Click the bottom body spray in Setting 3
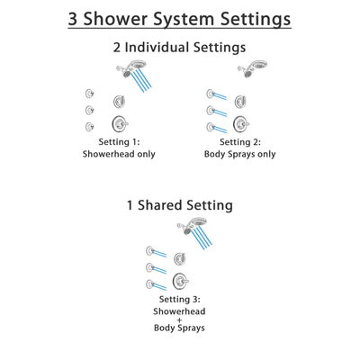click(x=157, y=284)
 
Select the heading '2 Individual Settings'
click(x=180, y=48)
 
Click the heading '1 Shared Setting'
click(x=180, y=206)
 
